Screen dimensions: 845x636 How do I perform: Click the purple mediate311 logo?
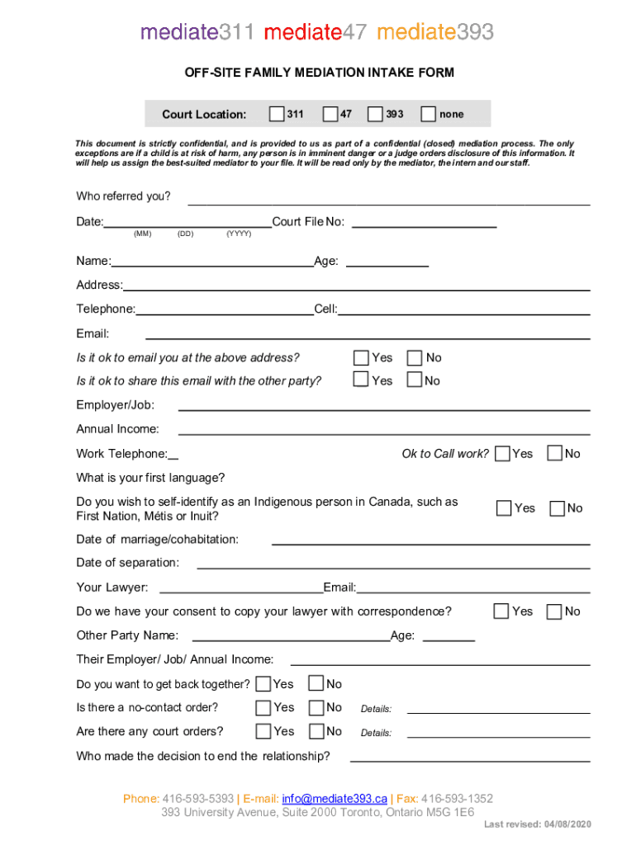(x=199, y=32)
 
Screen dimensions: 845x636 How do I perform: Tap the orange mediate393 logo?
(x=435, y=32)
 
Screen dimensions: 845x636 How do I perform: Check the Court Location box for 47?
(x=330, y=114)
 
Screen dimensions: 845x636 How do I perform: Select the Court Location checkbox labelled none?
(x=429, y=114)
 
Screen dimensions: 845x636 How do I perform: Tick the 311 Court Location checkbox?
(x=278, y=114)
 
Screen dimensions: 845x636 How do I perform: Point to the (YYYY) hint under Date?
(x=239, y=234)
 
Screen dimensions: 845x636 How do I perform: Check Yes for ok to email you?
(x=361, y=357)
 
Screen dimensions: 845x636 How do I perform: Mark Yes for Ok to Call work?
(x=502, y=453)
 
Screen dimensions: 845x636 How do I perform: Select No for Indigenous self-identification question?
(x=558, y=508)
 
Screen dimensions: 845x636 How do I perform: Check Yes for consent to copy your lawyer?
(x=501, y=611)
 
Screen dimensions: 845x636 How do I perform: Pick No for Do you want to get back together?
(x=316, y=683)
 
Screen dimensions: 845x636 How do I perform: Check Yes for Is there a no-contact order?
(x=263, y=707)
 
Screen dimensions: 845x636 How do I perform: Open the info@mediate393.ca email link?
(x=335, y=799)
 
